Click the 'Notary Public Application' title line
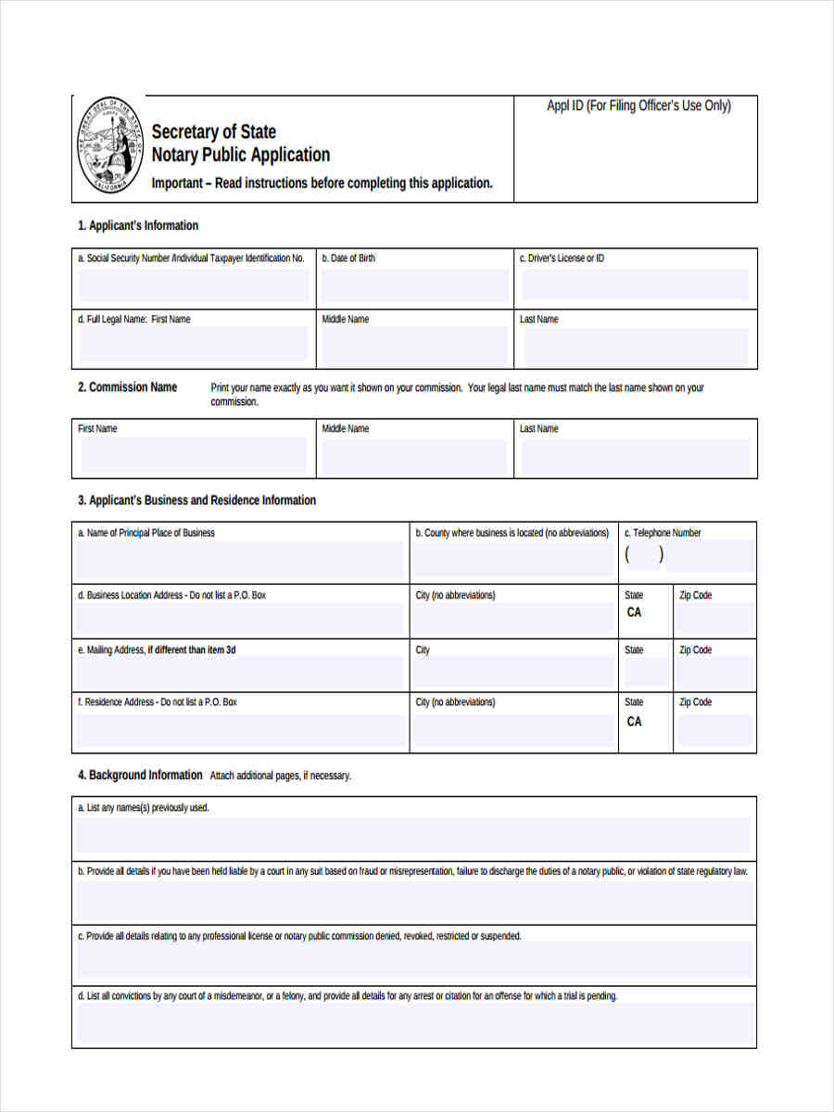[x=240, y=155]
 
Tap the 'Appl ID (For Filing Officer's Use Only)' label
[x=638, y=106]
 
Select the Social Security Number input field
[x=194, y=286]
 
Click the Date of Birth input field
[x=414, y=286]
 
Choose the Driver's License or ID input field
[x=635, y=286]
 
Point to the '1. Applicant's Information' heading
[x=137, y=225]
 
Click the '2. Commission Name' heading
[x=127, y=387]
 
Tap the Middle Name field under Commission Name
[x=414, y=456]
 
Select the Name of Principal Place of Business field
[x=240, y=561]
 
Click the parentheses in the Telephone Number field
[x=644, y=555]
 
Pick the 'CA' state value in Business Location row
[x=634, y=613]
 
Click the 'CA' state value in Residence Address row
[x=634, y=721]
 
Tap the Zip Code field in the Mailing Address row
[x=714, y=672]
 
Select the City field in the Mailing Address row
[x=512, y=672]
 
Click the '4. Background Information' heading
[x=139, y=775]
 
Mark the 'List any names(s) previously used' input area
[x=413, y=834]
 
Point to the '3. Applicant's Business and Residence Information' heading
[x=196, y=500]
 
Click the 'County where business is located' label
[x=512, y=533]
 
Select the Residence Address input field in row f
[x=240, y=730]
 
